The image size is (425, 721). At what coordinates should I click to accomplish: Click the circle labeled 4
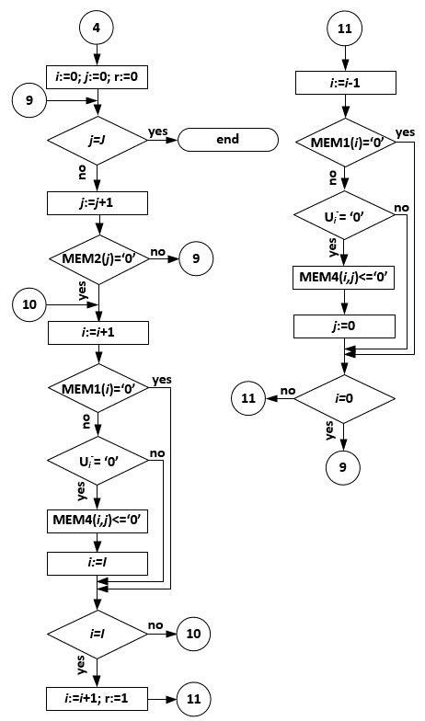[x=96, y=28]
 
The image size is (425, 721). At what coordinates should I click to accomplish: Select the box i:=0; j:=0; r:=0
[x=97, y=76]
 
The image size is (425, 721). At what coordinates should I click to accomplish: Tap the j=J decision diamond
[x=97, y=141]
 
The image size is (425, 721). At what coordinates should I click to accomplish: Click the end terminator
[x=227, y=140]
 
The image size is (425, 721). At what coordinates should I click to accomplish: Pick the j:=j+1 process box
[x=97, y=201]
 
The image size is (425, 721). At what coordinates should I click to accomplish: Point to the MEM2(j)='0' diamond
[x=97, y=259]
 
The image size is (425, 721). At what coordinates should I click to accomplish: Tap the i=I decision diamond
[x=97, y=634]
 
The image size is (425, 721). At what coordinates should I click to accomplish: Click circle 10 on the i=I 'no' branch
[x=194, y=634]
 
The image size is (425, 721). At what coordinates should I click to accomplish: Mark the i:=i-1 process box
[x=344, y=84]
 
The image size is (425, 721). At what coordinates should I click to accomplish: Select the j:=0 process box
[x=344, y=326]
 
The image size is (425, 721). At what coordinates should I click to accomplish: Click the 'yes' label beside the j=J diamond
[x=157, y=132]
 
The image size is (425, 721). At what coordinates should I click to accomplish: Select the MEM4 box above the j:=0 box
[x=344, y=279]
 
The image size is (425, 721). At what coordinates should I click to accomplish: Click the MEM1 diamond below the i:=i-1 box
[x=344, y=143]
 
